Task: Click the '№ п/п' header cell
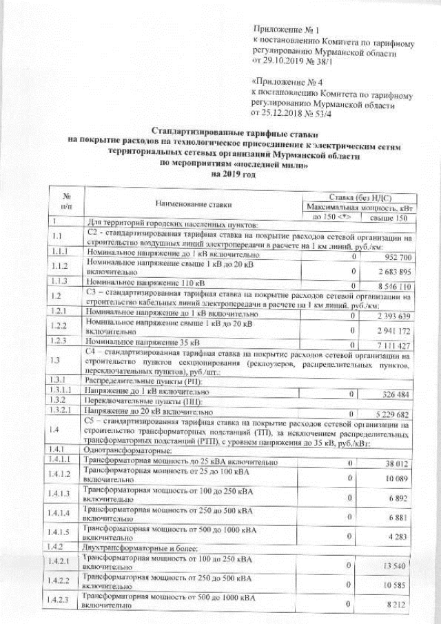pyautogui.click(x=67, y=202)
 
